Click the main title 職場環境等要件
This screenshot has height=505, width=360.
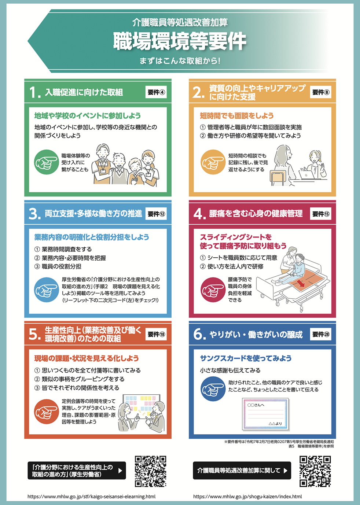point(180,41)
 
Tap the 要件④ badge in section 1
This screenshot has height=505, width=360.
point(156,92)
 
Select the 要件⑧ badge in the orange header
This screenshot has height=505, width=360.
point(320,92)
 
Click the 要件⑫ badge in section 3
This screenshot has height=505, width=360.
point(156,214)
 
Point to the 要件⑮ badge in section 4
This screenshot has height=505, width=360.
point(320,214)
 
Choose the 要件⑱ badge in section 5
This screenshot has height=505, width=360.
point(156,334)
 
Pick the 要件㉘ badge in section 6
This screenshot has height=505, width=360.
point(320,334)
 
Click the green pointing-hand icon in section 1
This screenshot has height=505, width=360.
point(47,162)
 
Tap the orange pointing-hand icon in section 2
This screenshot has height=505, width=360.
point(213,162)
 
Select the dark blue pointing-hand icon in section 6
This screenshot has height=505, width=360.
point(213,389)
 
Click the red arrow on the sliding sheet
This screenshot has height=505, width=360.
point(301,283)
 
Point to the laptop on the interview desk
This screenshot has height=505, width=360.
point(306,174)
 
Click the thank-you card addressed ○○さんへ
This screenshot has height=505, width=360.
point(265,414)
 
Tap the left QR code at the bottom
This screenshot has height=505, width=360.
point(150,471)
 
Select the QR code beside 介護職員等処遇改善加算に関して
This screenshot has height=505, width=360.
point(315,471)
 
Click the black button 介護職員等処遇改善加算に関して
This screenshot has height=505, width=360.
point(242,471)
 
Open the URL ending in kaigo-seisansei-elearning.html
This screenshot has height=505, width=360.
point(91,497)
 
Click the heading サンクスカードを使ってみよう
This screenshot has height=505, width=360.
point(246,358)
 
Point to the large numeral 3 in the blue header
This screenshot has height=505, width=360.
point(34,214)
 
